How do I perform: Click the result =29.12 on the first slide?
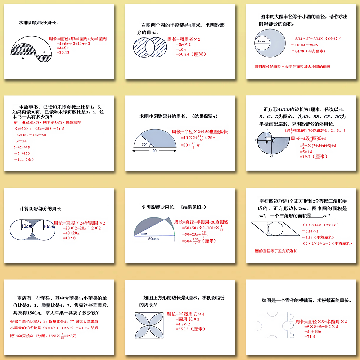[x=62, y=53]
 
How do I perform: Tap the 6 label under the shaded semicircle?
[x=23, y=58]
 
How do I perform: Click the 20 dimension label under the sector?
[x=154, y=151]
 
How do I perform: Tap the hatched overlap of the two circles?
[x=150, y=48]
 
